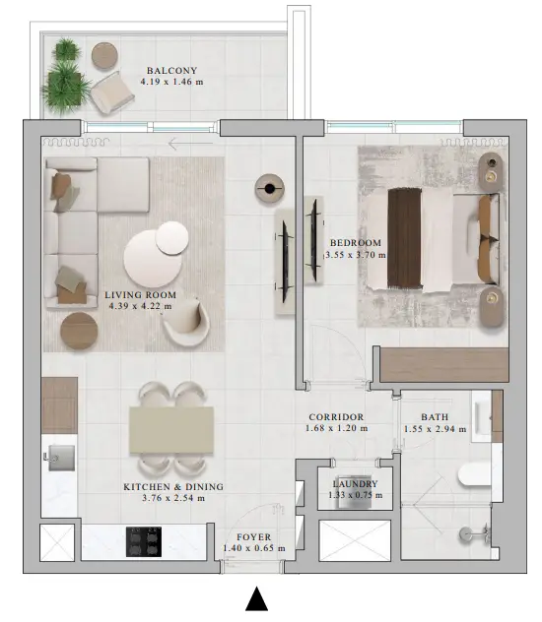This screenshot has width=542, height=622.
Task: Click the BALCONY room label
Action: [x=171, y=71]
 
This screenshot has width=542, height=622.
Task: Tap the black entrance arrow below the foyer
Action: [x=257, y=598]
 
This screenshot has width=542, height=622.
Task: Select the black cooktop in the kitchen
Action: [x=144, y=541]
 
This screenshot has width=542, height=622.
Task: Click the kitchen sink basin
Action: [x=61, y=458]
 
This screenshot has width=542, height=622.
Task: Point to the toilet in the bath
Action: [x=475, y=475]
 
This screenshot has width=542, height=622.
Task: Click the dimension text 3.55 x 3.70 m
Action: [x=356, y=255]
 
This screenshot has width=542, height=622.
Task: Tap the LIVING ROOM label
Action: [x=140, y=295]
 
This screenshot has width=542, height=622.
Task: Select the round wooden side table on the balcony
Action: [x=104, y=55]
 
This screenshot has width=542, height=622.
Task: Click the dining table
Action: [x=171, y=430]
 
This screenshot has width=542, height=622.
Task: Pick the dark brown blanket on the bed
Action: [x=404, y=238]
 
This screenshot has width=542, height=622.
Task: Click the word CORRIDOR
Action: [x=336, y=417]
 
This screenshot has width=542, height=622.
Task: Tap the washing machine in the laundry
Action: [x=354, y=492]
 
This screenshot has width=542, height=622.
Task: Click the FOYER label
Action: [x=253, y=537]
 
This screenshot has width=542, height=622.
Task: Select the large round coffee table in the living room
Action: [x=153, y=258]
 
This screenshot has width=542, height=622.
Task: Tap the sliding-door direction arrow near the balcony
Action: [x=190, y=144]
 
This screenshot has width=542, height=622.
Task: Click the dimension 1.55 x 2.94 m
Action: [x=436, y=429]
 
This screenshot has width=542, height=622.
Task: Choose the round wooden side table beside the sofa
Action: [x=79, y=331]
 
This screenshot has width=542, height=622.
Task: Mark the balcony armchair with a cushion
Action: [x=111, y=93]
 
